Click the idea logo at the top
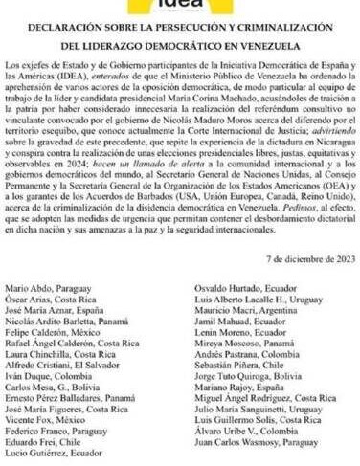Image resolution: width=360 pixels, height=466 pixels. pos(180,7)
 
